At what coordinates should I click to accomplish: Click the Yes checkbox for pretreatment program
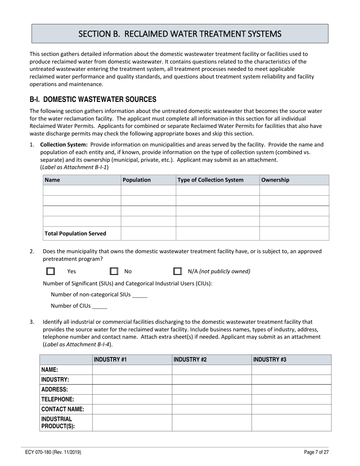pyautogui.click(x=50, y=271)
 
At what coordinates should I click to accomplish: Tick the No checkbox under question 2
pyautogui.click(x=114, y=271)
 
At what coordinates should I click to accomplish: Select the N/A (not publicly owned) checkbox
pyautogui.click(x=177, y=271)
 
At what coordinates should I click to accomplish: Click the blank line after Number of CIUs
pyautogui.click(x=100, y=306)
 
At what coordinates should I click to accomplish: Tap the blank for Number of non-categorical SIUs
pyautogui.click(x=140, y=295)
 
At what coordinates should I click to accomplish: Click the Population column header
pyautogui.click(x=137, y=180)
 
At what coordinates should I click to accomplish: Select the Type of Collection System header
pyautogui.click(x=211, y=180)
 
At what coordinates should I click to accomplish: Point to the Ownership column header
pyautogui.click(x=275, y=180)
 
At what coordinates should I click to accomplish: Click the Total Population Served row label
pyautogui.click(x=75, y=233)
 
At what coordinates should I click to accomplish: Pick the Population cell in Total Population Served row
pyautogui.click(x=148, y=233)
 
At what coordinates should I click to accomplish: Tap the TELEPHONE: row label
pyautogui.click(x=58, y=399)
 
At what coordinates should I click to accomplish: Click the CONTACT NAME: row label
pyautogui.click(x=63, y=409)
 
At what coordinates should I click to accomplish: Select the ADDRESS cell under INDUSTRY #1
pyautogui.click(x=132, y=389)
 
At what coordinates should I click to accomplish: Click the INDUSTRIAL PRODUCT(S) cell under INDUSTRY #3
pyautogui.click(x=291, y=422)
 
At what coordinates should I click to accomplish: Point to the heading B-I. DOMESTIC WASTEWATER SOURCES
pyautogui.click(x=93, y=100)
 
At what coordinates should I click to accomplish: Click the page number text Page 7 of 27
pyautogui.click(x=316, y=452)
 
